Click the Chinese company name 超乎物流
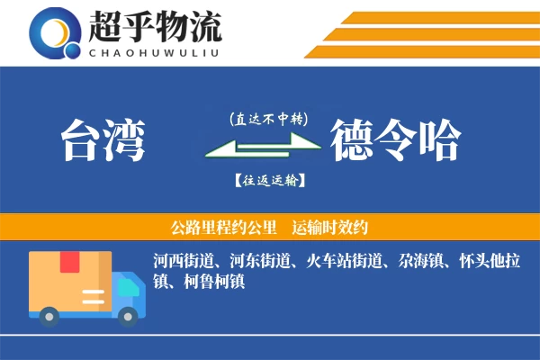(154, 24)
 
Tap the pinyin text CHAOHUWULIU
(154, 51)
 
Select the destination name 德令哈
(395, 140)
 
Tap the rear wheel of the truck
(49, 316)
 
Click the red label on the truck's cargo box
(69, 263)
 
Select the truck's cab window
(128, 286)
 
